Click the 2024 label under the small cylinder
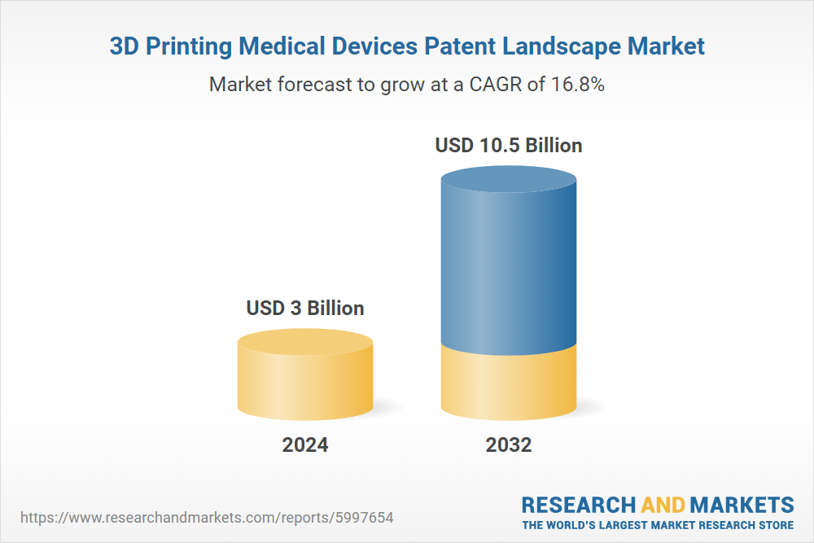305,445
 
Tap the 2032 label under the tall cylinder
509,445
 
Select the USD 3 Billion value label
305,309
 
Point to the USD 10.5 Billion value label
509,146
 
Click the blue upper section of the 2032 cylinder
509,261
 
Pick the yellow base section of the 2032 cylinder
509,383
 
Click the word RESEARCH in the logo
579,504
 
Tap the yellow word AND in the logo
663,504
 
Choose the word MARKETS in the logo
743,504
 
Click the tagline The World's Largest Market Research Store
658,525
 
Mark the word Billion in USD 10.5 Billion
554,146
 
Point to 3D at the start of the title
124,46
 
